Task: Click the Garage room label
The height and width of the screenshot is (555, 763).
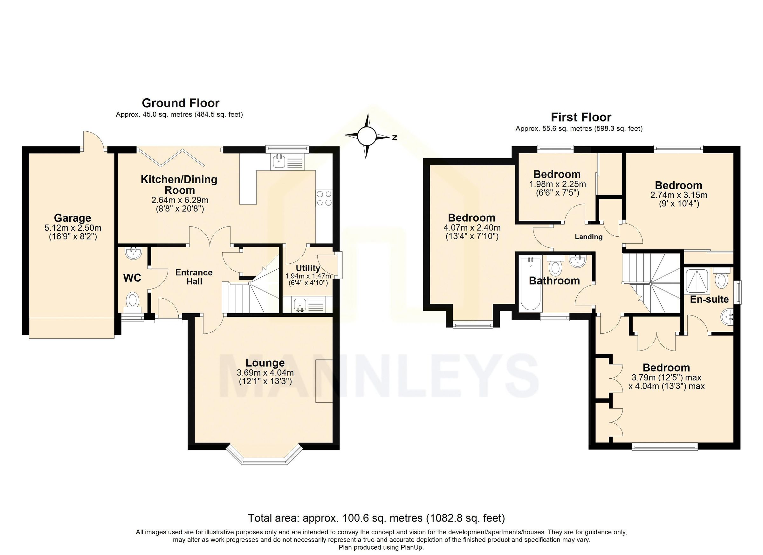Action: (73, 218)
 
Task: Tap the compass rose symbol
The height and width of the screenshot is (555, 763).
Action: (366, 136)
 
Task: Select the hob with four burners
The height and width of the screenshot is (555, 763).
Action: (324, 198)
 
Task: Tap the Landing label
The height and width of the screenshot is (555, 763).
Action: (588, 237)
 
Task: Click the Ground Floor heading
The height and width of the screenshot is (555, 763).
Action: (180, 103)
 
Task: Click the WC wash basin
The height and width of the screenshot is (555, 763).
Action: (134, 253)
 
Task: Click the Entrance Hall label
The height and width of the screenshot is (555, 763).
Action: (194, 277)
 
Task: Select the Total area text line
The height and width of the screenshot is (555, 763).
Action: (376, 518)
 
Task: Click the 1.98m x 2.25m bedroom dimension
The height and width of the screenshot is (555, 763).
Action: (557, 184)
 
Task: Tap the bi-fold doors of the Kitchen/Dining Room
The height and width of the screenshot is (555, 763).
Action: (172, 157)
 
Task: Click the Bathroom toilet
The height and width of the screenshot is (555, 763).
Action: (555, 267)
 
